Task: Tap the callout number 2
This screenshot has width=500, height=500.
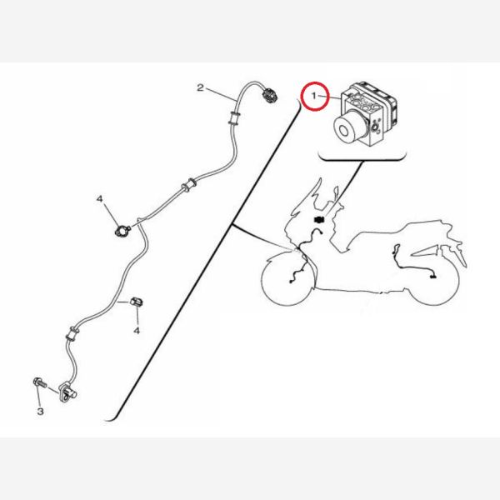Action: [x=200, y=87]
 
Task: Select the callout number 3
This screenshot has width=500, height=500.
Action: [x=40, y=412]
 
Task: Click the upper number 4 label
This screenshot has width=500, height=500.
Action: [x=100, y=199]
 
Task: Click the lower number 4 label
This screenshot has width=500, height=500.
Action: [x=137, y=331]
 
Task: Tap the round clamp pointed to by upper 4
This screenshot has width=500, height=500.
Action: [x=122, y=231]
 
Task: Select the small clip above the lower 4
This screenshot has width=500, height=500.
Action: [x=137, y=302]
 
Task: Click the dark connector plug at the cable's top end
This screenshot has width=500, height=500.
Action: [x=269, y=95]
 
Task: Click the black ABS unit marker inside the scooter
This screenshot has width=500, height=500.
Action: [x=319, y=219]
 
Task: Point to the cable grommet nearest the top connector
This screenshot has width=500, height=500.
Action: [x=234, y=117]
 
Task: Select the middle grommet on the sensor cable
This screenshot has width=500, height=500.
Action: [x=189, y=185]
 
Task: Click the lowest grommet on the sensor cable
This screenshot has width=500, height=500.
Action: [x=72, y=333]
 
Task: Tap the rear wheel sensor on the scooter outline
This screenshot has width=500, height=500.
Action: [x=432, y=277]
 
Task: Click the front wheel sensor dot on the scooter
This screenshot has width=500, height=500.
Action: [x=291, y=282]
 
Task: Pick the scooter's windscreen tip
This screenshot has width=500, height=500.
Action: [x=319, y=179]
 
